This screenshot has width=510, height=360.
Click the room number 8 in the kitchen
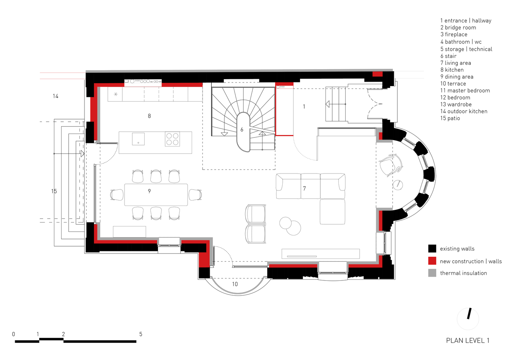[149, 116]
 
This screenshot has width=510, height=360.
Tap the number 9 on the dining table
[149, 191]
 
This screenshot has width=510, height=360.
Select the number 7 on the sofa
[304, 188]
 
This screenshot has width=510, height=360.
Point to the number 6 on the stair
[242, 130]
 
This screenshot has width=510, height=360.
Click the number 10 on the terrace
[235, 284]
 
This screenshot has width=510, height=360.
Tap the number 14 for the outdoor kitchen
[55, 96]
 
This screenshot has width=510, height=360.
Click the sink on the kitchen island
[138, 139]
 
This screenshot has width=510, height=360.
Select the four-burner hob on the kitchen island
[172, 139]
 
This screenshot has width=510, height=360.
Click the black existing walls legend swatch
[432, 248]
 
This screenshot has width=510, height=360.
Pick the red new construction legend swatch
[432, 261]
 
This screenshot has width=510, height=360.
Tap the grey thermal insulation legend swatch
[432, 273]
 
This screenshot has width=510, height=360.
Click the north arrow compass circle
[468, 319]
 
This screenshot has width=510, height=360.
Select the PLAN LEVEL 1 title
[468, 341]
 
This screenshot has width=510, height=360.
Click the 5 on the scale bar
[141, 334]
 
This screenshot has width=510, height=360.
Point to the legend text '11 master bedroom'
[465, 91]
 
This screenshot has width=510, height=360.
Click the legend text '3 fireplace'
[454, 35]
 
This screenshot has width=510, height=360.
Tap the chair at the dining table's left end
[117, 195]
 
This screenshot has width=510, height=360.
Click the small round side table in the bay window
[397, 185]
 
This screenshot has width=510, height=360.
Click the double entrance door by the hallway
[374, 104]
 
